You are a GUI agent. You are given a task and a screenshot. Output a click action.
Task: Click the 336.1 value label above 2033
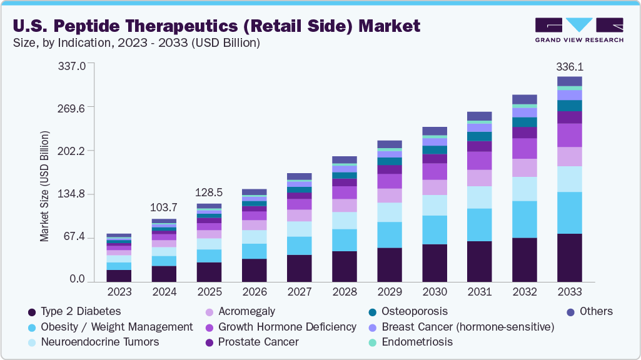[x=569, y=67]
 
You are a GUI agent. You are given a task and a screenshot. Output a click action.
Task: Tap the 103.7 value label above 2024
[x=164, y=207]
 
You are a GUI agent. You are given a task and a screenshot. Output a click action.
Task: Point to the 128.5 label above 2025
[x=209, y=192]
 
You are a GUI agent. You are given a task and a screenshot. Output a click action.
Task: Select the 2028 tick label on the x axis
[x=344, y=292]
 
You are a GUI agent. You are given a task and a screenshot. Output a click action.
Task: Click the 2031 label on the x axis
[x=479, y=292]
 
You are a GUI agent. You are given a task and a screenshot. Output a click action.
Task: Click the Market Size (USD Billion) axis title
[x=44, y=186]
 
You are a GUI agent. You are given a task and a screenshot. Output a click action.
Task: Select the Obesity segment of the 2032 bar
[x=524, y=219]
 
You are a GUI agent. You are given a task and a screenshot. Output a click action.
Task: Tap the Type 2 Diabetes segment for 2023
[x=119, y=276]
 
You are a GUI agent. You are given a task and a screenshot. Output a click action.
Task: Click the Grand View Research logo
[x=579, y=30]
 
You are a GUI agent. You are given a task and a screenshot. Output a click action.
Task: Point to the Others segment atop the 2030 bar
[x=434, y=131]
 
